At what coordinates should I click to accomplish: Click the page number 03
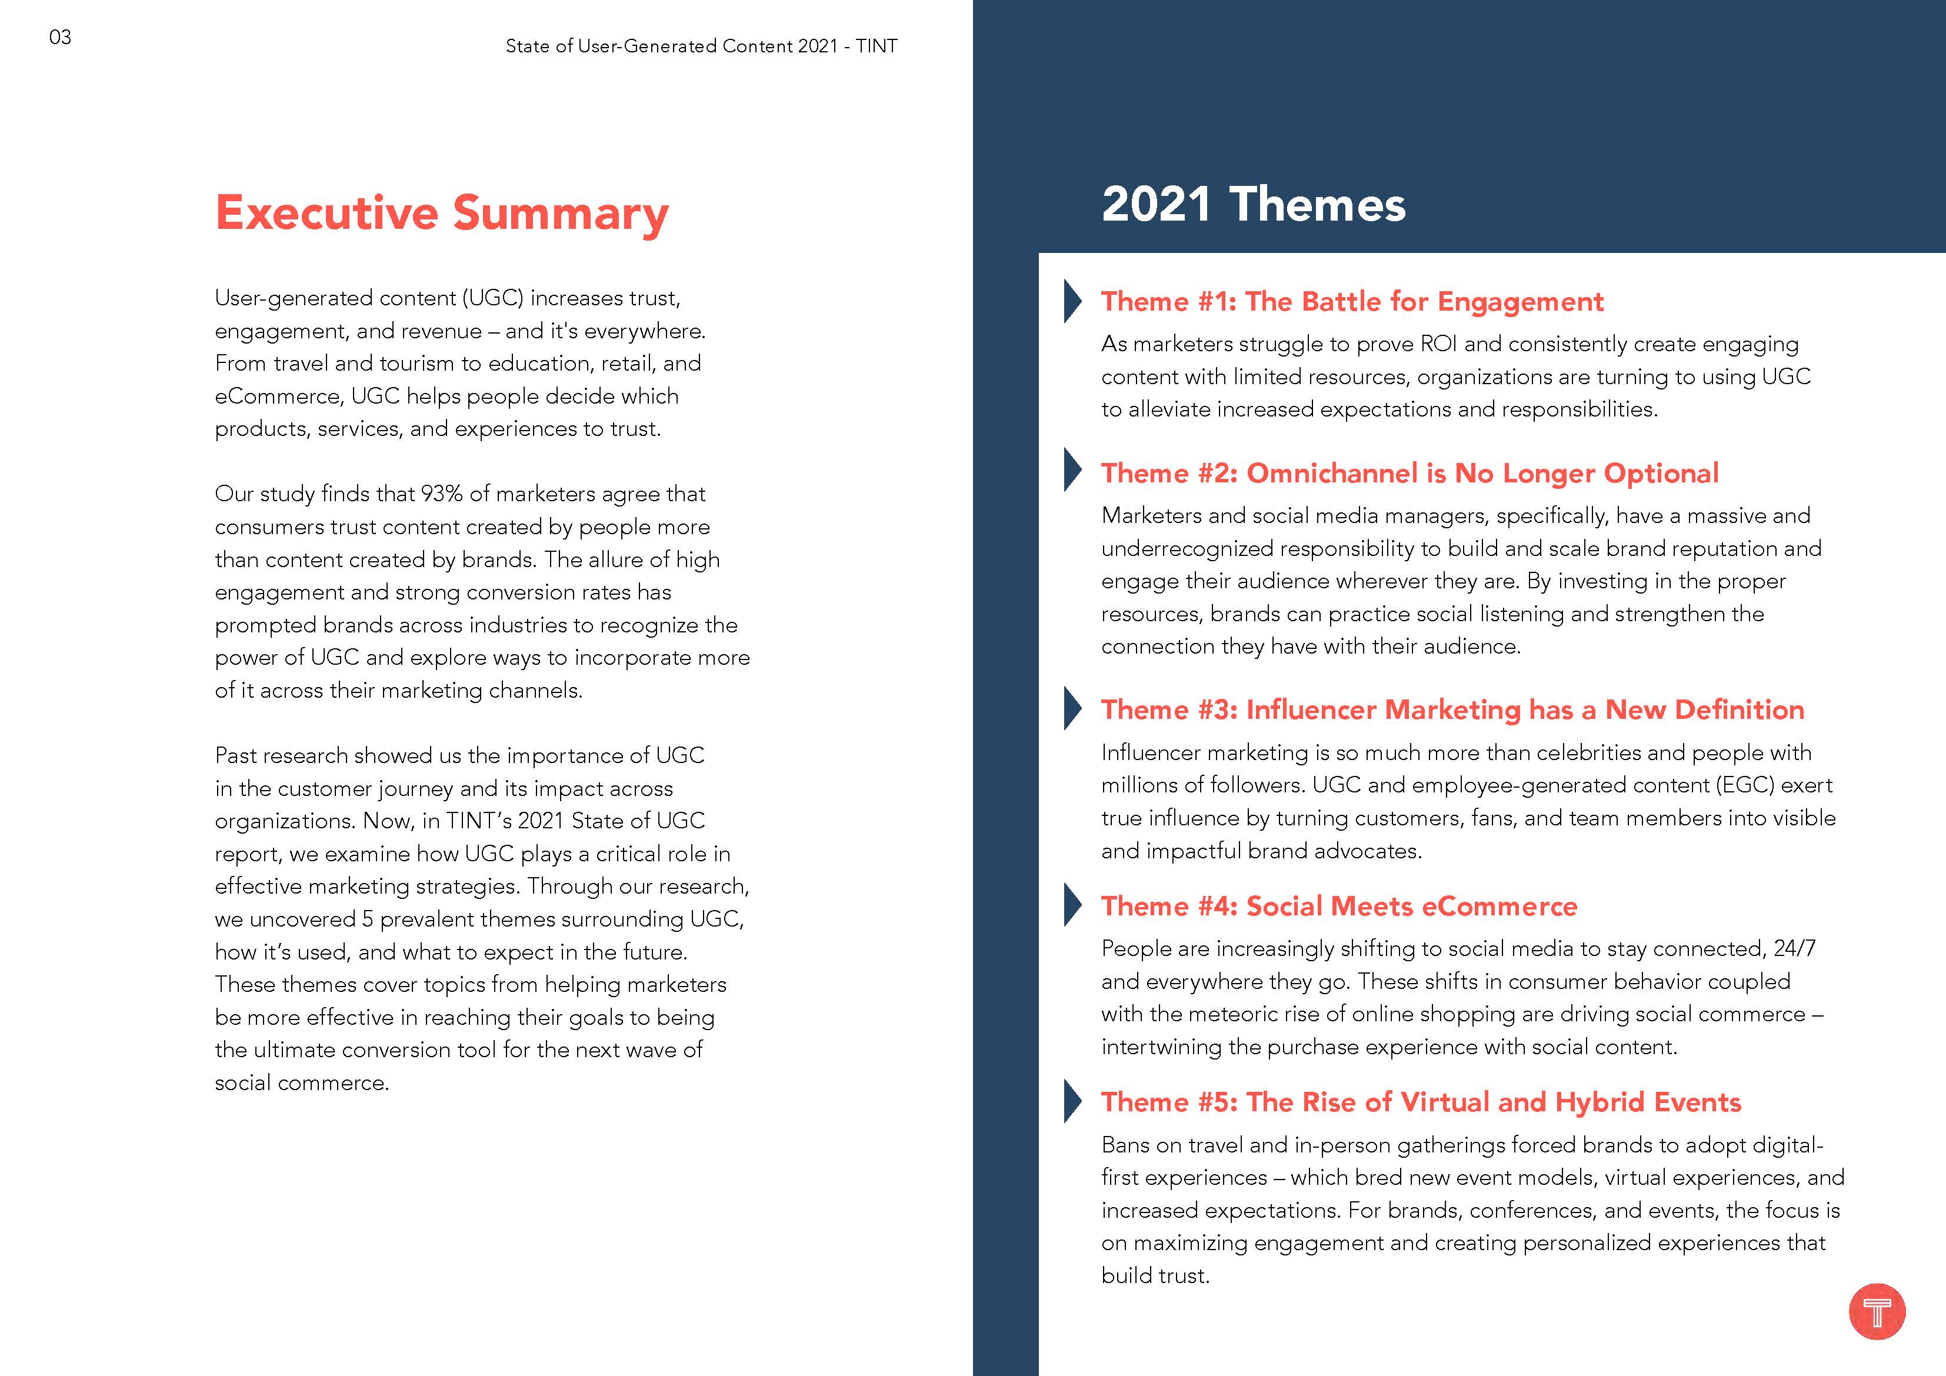click(x=60, y=37)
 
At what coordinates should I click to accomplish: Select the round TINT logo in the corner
click(x=1877, y=1311)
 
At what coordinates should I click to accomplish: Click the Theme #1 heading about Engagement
click(x=1352, y=301)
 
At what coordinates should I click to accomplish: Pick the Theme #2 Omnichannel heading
click(x=1409, y=473)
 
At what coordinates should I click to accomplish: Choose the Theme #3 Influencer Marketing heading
click(x=1452, y=709)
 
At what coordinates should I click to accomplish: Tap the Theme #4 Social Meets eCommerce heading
click(x=1339, y=907)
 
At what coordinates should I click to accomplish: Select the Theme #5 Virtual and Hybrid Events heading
click(x=1421, y=1102)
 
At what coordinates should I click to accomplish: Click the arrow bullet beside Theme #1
click(x=1072, y=301)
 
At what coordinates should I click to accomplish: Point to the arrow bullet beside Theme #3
click(x=1072, y=709)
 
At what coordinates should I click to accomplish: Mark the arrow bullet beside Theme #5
click(x=1072, y=1101)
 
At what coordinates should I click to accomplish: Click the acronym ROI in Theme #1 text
click(x=1438, y=344)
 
